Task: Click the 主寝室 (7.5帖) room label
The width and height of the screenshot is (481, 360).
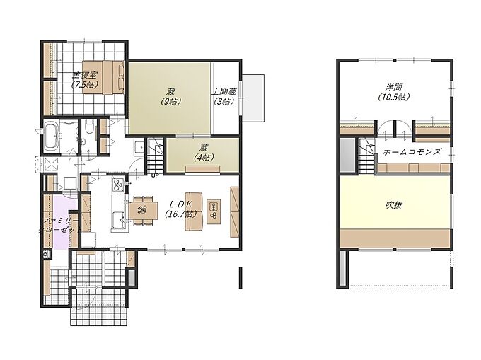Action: [85, 80]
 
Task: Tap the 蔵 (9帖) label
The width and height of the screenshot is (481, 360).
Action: [171, 96]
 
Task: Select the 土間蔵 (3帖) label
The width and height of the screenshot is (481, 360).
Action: [224, 96]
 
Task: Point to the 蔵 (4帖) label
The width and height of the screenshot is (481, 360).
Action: [204, 152]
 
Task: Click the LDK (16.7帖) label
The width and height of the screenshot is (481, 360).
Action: [181, 209]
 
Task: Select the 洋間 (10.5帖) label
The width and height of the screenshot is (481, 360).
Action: [394, 92]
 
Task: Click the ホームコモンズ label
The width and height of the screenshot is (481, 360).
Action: [412, 151]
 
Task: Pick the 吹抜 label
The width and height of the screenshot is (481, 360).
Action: [394, 204]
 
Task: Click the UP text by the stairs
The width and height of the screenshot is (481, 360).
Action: [155, 176]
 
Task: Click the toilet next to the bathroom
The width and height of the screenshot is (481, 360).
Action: [89, 127]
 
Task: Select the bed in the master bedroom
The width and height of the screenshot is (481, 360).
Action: [103, 77]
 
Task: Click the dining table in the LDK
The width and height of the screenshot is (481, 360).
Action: [144, 211]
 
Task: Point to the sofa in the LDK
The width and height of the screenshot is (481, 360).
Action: [194, 211]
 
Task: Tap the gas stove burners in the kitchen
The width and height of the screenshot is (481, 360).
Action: [118, 184]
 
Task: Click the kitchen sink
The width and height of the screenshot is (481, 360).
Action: [118, 219]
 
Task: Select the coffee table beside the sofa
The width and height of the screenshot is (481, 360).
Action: [214, 211]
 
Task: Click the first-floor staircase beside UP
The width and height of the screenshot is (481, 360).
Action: [155, 156]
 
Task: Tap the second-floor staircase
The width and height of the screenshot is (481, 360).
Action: [367, 156]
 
